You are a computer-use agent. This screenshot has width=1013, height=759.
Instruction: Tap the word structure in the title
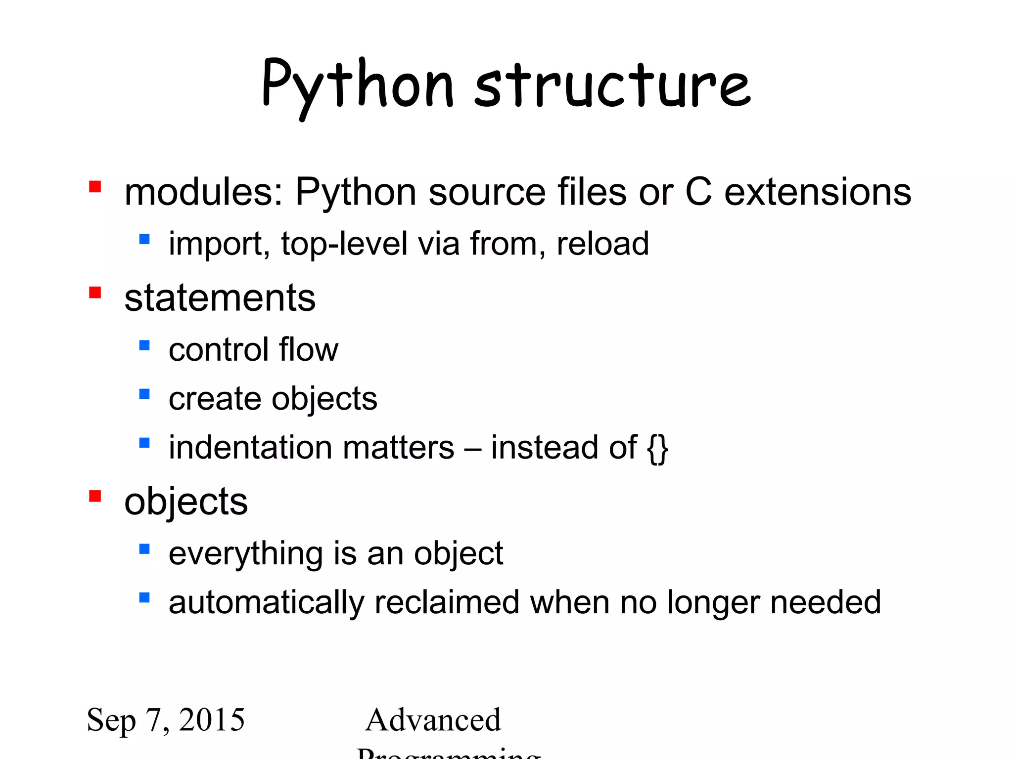point(612,85)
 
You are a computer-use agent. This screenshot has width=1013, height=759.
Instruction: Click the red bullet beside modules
point(95,187)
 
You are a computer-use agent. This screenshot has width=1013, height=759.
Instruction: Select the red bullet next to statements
point(95,293)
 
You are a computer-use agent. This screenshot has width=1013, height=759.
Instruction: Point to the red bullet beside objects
point(95,496)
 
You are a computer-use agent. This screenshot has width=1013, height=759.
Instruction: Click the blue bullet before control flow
point(144,345)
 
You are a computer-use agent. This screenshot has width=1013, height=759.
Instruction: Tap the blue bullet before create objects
point(144,394)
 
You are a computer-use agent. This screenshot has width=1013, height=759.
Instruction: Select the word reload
point(602,244)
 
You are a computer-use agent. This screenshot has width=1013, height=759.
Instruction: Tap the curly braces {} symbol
point(658,448)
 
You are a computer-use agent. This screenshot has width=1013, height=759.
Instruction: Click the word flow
point(309,350)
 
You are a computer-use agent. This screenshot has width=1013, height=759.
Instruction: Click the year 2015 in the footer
point(212,719)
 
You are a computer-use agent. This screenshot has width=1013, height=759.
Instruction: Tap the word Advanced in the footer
point(433,720)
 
